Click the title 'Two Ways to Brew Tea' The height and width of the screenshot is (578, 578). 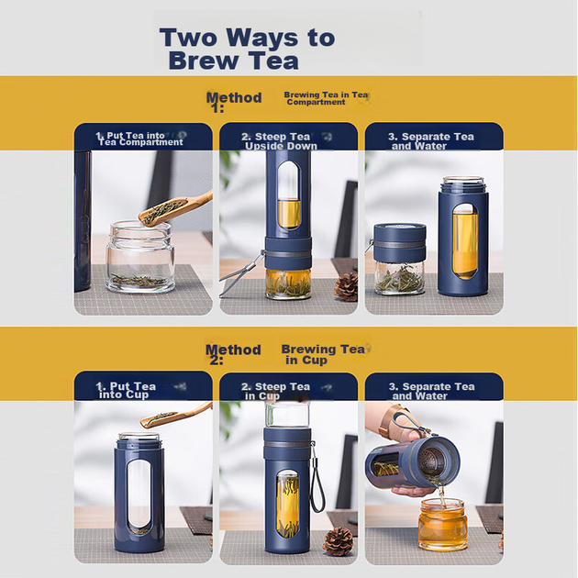[247, 49]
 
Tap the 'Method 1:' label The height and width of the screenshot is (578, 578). [234, 102]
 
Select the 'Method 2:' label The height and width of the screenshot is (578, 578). [233, 354]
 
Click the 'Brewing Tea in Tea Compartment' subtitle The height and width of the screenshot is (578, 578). [326, 98]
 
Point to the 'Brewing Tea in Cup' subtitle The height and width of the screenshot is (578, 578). [323, 354]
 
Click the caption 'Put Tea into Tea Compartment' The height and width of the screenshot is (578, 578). [139, 139]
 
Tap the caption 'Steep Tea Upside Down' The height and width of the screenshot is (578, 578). [279, 141]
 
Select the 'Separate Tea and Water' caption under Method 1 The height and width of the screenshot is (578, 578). [430, 141]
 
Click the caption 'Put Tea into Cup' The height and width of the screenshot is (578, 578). [126, 390]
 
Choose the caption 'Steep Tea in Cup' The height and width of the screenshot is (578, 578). [276, 391]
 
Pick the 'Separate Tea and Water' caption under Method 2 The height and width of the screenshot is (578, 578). [431, 391]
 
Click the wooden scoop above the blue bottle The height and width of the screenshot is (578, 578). [175, 415]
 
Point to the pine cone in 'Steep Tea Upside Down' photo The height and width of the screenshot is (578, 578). [346, 286]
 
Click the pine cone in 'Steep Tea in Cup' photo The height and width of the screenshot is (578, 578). [338, 540]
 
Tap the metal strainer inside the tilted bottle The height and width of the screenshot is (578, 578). [432, 461]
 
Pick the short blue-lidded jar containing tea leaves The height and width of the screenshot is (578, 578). [400, 259]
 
